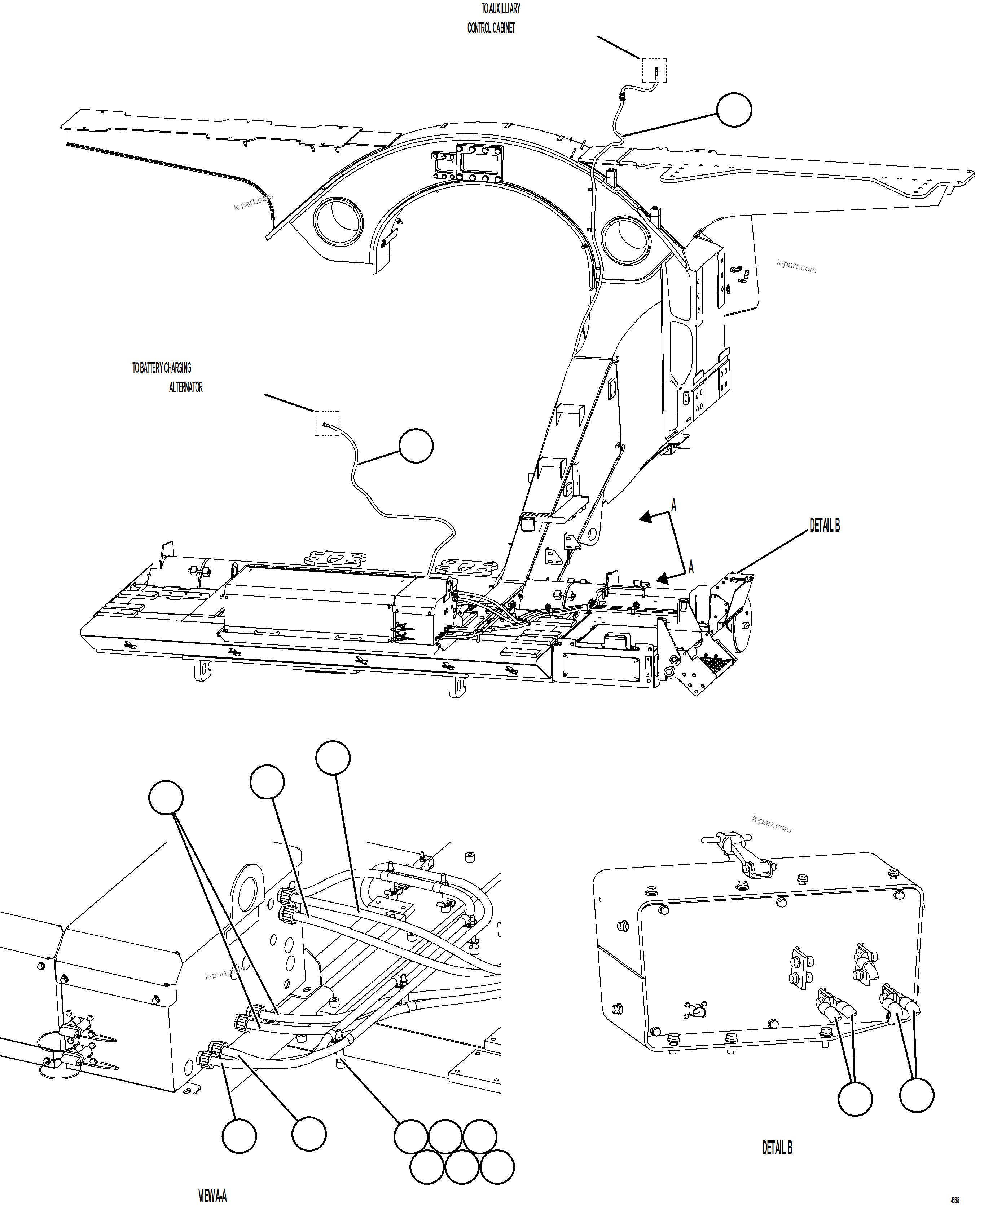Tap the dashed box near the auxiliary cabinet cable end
pyautogui.click(x=654, y=70)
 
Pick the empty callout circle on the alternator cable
pyautogui.click(x=416, y=446)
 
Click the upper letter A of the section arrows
pyautogui.click(x=673, y=505)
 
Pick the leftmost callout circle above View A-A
pyautogui.click(x=166, y=798)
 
